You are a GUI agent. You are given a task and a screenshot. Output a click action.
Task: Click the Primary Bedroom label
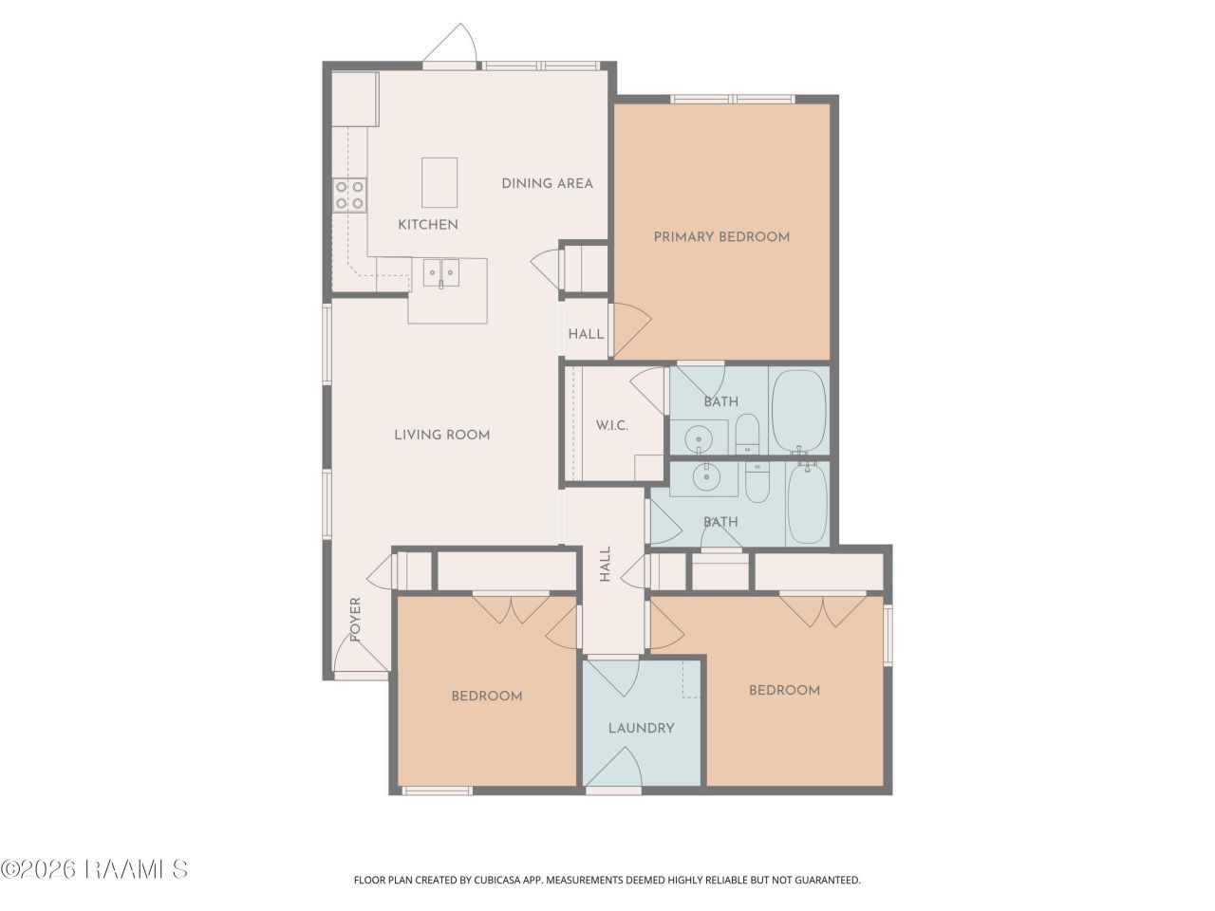coord(721,237)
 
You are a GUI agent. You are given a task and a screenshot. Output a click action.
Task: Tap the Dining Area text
coord(547,184)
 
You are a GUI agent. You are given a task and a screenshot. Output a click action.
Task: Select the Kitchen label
coord(428,225)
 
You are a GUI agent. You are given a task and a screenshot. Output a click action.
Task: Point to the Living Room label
coord(441,435)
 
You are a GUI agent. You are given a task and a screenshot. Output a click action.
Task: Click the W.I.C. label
coord(611,425)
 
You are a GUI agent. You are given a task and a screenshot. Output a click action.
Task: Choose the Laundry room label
coord(641,728)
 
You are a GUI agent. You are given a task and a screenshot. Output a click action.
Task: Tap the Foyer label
coord(355,619)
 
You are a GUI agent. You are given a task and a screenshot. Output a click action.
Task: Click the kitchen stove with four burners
coord(349,195)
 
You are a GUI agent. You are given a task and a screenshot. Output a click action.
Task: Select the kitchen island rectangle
coord(439,182)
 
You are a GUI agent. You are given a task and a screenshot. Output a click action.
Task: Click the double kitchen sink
coord(441,272)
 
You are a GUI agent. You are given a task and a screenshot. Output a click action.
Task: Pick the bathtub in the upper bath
coord(798,412)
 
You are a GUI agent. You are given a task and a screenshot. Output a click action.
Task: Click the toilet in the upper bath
coord(747,435)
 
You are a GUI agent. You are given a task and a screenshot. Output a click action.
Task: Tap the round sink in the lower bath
coord(706,476)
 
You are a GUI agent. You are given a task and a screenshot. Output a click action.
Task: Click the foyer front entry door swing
coord(361,655)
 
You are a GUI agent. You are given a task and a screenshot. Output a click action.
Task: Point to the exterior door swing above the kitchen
coord(450,45)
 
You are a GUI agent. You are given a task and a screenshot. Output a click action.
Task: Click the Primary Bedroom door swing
coord(631,328)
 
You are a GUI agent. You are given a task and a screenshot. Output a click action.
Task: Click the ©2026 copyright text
coord(38,869)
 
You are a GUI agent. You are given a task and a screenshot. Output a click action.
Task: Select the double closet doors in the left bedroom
coord(511,609)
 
